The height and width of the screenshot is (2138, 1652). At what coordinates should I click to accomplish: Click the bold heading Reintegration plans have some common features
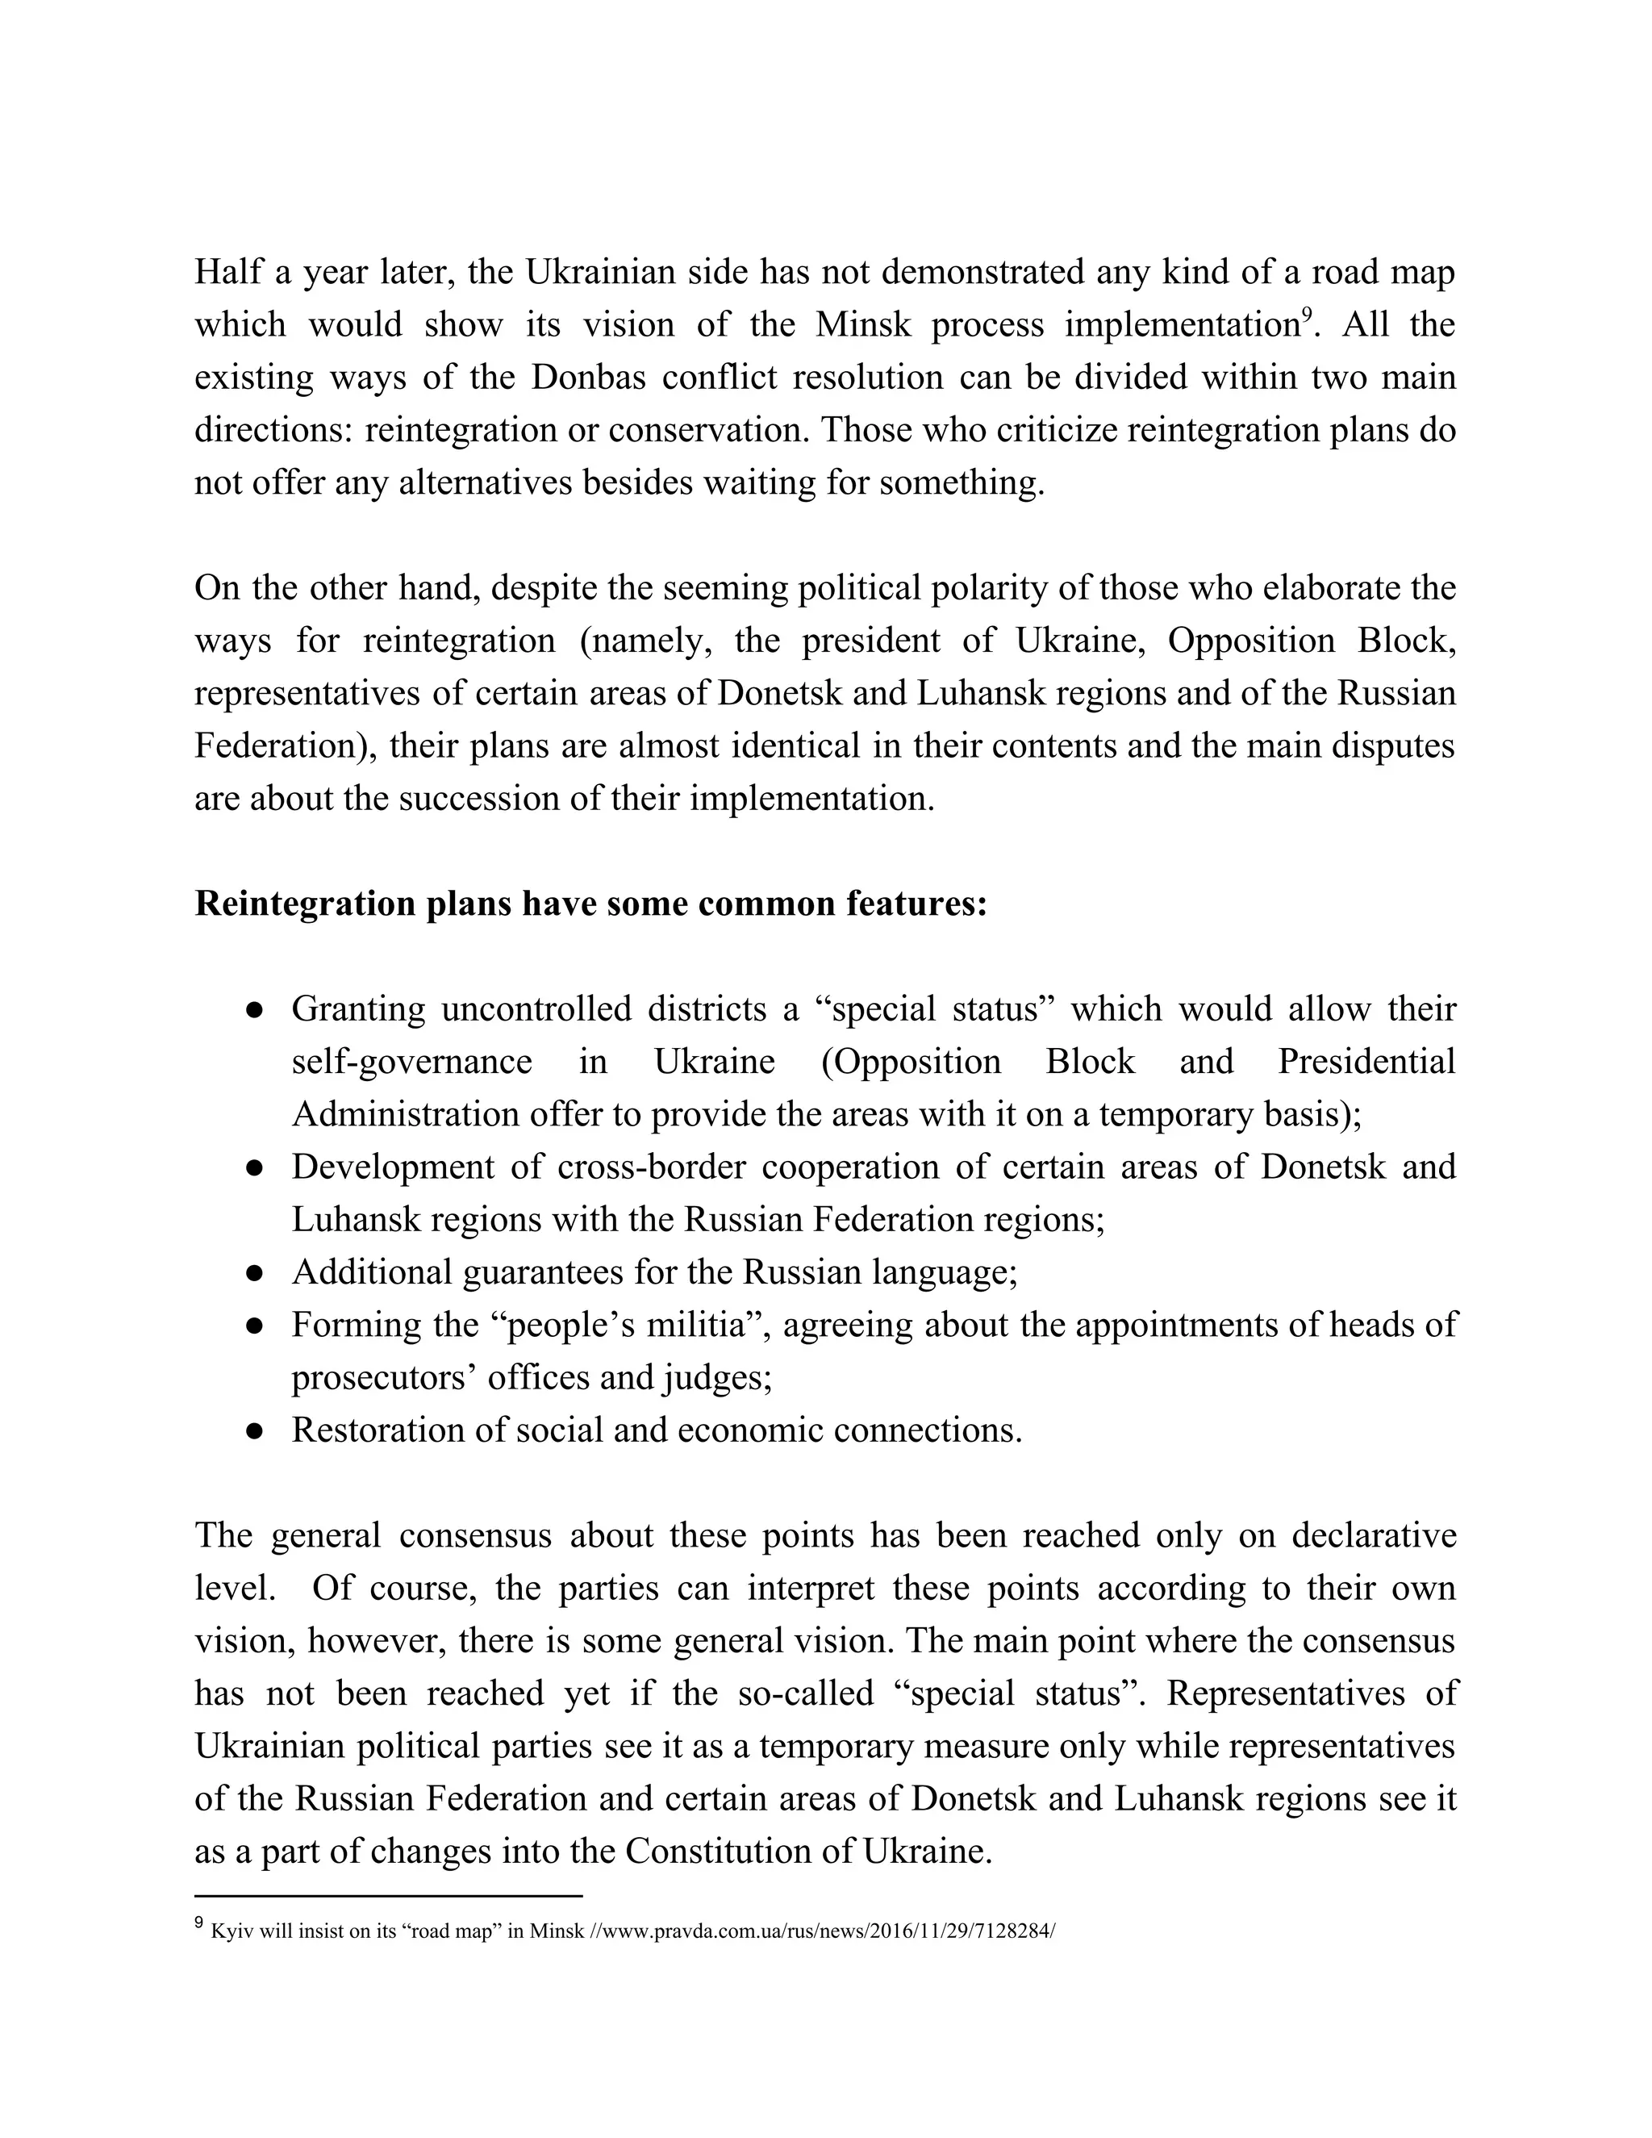(590, 903)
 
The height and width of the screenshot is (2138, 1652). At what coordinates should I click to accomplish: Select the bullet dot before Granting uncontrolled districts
(254, 1009)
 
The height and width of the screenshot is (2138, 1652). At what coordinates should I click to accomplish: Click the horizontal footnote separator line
(389, 1895)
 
